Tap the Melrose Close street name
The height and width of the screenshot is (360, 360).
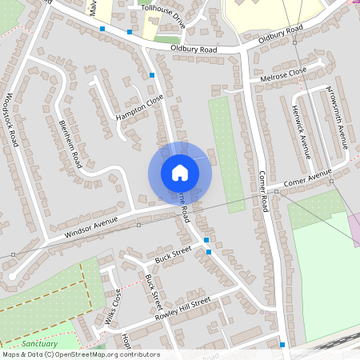(x=278, y=75)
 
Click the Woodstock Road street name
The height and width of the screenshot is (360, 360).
(x=14, y=119)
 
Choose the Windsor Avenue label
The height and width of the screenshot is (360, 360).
(x=91, y=228)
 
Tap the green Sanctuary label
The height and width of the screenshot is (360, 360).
(x=40, y=343)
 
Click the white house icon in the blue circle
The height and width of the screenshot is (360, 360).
(x=180, y=172)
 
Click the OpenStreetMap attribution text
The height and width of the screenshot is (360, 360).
(x=81, y=354)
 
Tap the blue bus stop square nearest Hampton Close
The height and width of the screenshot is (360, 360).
(x=152, y=75)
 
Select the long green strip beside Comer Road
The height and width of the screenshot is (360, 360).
(x=226, y=152)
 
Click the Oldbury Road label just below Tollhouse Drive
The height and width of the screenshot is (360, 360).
(x=194, y=49)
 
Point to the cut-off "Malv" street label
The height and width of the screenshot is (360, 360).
(x=94, y=8)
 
